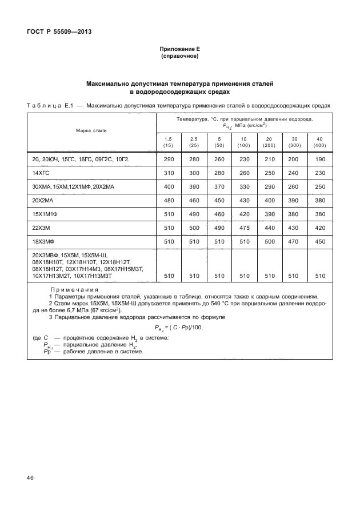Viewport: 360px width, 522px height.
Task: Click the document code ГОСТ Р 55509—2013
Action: [x=59, y=31]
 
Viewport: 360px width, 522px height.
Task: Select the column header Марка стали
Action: [x=91, y=130]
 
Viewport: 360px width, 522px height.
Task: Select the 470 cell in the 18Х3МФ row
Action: [x=294, y=241]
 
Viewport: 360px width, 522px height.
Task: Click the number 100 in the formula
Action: [x=195, y=327]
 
